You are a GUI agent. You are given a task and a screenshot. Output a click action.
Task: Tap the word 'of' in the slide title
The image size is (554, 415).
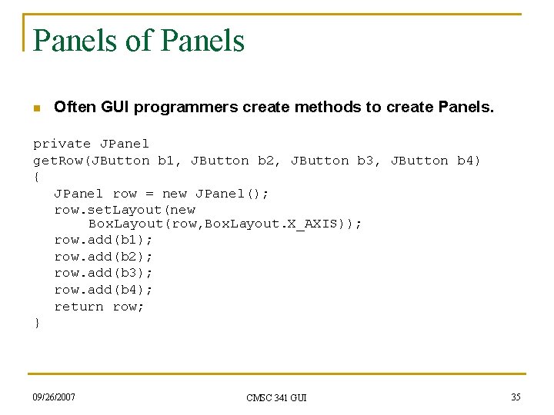pyautogui.click(x=139, y=41)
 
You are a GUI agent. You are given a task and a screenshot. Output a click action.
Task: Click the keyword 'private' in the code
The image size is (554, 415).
pyautogui.click(x=62, y=144)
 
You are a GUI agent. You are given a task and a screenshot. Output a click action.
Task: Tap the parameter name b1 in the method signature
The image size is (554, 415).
pyautogui.click(x=166, y=161)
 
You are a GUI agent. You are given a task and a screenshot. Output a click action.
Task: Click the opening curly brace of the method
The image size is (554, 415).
pyautogui.click(x=37, y=178)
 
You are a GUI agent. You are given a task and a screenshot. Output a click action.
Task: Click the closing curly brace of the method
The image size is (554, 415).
pyautogui.click(x=37, y=324)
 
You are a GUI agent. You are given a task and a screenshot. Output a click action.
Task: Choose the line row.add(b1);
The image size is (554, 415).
pyautogui.click(x=103, y=240)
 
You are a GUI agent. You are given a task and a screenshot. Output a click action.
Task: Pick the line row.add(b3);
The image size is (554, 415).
pyautogui.click(x=103, y=273)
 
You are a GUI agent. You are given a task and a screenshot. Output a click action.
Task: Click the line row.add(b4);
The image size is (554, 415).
pyautogui.click(x=103, y=290)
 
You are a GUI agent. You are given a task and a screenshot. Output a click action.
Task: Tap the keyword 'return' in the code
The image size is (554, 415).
pyautogui.click(x=78, y=307)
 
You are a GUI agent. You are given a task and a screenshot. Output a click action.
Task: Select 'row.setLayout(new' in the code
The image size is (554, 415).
pyautogui.click(x=125, y=210)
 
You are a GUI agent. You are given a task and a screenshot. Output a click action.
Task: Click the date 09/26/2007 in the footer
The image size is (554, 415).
pyautogui.click(x=55, y=397)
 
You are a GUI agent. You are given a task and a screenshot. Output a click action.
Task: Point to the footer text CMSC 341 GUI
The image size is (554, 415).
pyautogui.click(x=276, y=397)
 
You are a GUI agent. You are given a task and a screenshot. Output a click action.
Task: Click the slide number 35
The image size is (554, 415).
pyautogui.click(x=516, y=397)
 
